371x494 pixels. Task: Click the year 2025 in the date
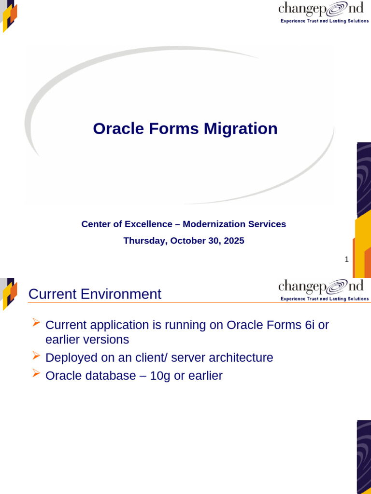(x=234, y=241)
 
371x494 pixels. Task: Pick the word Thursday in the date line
(x=144, y=241)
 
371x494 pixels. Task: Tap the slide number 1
(x=346, y=260)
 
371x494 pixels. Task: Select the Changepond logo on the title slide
(x=321, y=9)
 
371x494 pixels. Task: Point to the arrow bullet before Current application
(x=36, y=323)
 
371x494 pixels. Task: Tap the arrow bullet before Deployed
(x=36, y=356)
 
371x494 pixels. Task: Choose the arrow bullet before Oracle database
(x=36, y=373)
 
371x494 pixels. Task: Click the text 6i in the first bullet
(x=310, y=325)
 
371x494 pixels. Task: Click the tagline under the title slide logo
(x=325, y=21)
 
